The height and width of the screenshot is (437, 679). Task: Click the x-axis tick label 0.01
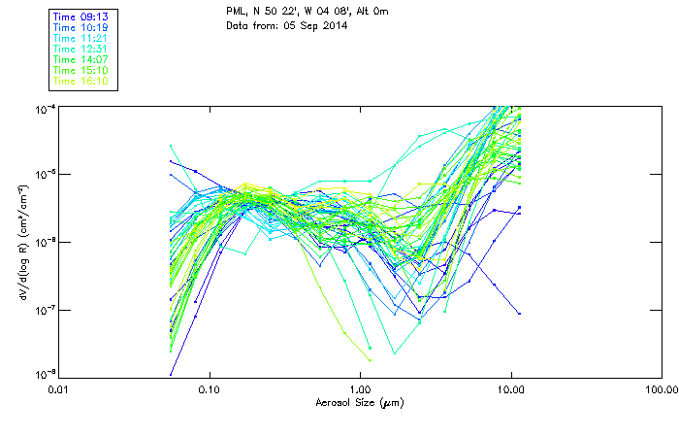(58, 389)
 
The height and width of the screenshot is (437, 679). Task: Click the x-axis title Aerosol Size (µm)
(359, 402)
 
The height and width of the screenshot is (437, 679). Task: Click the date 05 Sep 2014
(314, 25)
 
